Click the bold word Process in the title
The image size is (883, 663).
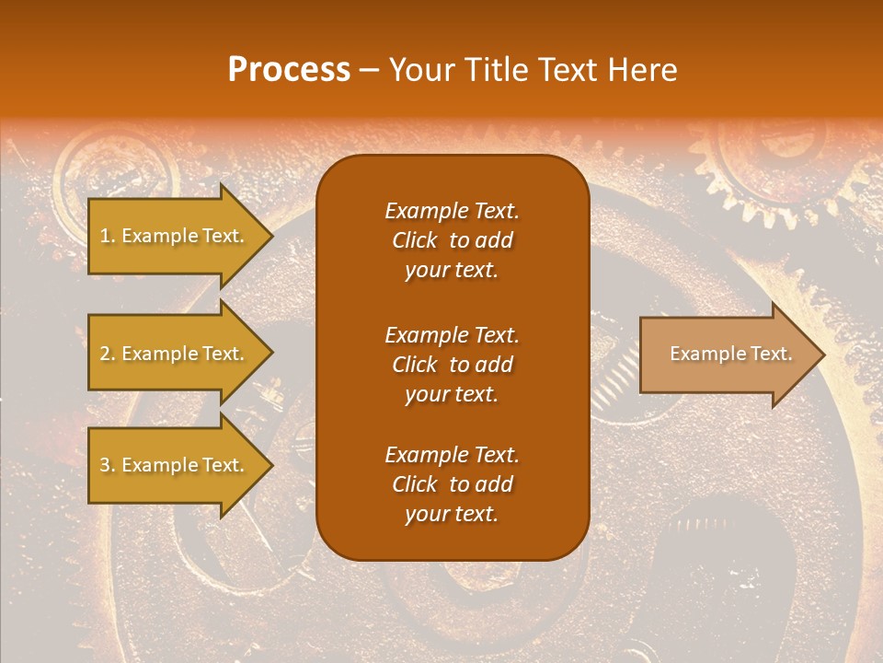(289, 70)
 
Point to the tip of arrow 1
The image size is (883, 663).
(270, 237)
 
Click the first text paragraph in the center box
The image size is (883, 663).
(452, 240)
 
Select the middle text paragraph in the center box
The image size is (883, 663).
(452, 365)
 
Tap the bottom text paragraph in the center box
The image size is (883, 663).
(452, 484)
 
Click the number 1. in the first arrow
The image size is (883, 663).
(107, 236)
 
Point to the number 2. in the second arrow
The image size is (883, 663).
(107, 354)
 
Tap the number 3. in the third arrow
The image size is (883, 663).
(107, 465)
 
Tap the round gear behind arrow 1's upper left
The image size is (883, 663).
(115, 170)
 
